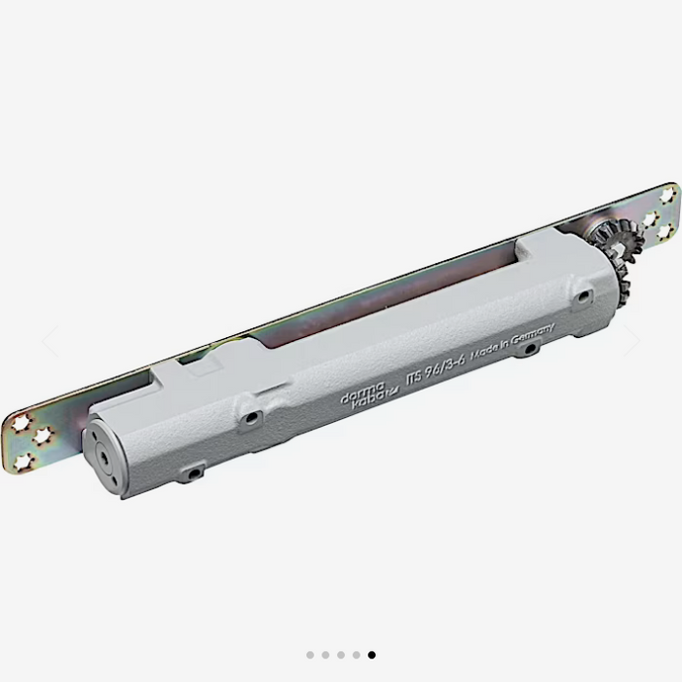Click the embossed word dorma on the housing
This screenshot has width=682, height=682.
(x=362, y=393)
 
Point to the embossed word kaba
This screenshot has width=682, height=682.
(x=370, y=398)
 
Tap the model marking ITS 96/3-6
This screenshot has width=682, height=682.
(x=436, y=370)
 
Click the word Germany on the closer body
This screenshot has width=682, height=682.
(x=533, y=334)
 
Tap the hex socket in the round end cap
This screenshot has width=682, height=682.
(x=103, y=456)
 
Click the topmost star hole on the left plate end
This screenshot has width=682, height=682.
(x=21, y=423)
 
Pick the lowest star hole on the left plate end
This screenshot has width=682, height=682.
(x=24, y=463)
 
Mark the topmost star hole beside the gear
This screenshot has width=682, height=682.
(x=668, y=195)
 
